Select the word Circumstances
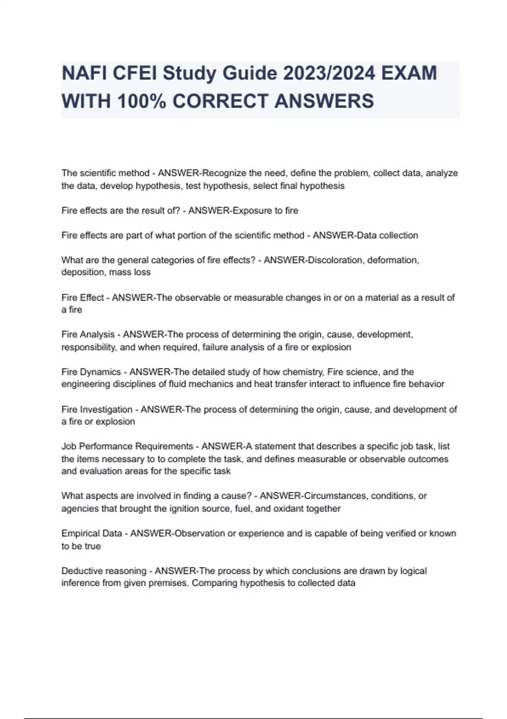coord(335,496)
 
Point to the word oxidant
coord(288,508)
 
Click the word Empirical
coord(79,533)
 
